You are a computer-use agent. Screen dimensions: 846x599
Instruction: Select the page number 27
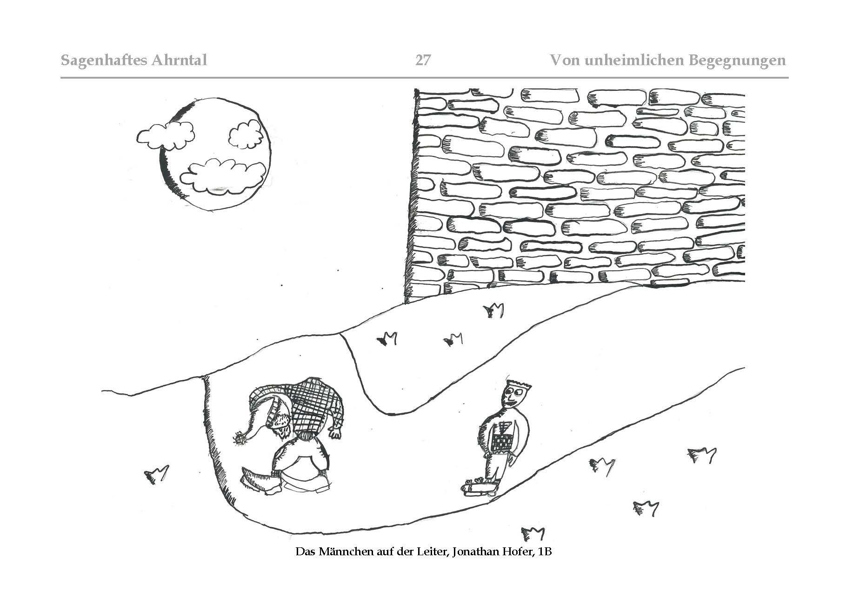pyautogui.click(x=423, y=60)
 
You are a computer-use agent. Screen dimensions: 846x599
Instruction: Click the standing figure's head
pyautogui.click(x=515, y=397)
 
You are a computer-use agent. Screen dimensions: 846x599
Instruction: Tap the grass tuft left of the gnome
pyautogui.click(x=155, y=475)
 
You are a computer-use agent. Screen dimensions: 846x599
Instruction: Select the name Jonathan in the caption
pyautogui.click(x=470, y=552)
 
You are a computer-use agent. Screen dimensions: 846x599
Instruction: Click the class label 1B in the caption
pyautogui.click(x=544, y=552)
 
